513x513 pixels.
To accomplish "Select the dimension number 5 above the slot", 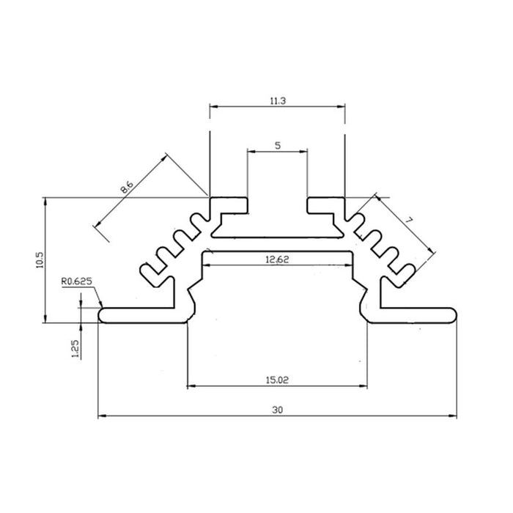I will (x=277, y=145).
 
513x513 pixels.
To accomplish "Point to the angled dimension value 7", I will (x=410, y=220).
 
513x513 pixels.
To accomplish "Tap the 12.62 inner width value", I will (x=277, y=259).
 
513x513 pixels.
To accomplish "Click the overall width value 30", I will (x=277, y=410).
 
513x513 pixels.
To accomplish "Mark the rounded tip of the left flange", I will (x=100, y=314).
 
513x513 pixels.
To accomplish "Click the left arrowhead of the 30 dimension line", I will (x=102, y=416).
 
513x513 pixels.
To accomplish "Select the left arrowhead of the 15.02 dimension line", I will (x=192, y=385).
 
